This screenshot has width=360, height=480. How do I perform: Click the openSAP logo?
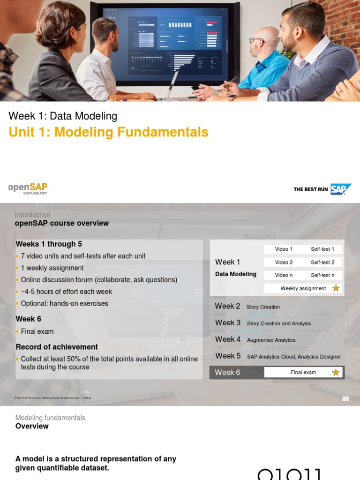click(28, 188)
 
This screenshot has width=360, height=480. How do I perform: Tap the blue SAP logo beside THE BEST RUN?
click(340, 189)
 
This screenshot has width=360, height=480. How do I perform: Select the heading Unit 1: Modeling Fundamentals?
click(108, 132)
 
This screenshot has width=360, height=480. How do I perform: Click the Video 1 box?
click(284, 249)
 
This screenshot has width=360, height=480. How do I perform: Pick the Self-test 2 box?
click(322, 262)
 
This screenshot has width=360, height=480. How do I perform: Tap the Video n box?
click(284, 275)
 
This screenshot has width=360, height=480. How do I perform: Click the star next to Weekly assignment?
click(336, 288)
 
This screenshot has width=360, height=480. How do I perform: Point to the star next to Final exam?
click(336, 373)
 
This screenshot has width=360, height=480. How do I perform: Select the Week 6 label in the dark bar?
click(227, 373)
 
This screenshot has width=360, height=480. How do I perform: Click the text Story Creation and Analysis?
click(278, 323)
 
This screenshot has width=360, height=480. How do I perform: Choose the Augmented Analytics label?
click(271, 340)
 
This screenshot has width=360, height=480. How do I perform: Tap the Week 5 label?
click(228, 356)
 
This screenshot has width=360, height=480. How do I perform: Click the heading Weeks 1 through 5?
click(45, 244)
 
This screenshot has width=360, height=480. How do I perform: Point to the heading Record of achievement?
click(57, 347)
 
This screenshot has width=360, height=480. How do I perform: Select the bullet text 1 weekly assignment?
click(52, 268)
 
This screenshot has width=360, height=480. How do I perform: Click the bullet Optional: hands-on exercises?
click(65, 303)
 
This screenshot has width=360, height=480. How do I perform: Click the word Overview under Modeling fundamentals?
click(32, 426)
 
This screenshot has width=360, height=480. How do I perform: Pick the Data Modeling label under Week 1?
click(236, 274)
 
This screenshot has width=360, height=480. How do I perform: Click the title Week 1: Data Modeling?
click(63, 116)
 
